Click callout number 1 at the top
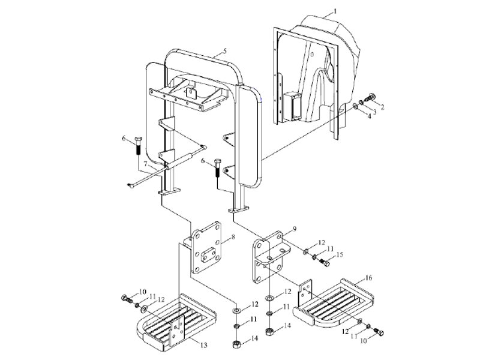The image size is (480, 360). point(335,11)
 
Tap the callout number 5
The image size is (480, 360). point(225,50)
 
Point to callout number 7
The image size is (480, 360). point(146,164)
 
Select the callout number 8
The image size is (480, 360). point(233,236)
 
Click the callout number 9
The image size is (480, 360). point(295,229)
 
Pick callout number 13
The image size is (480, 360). point(204,346)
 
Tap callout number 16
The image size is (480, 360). point(369,278)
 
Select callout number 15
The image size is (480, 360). point(340,254)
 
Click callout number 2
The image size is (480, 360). point(382,107)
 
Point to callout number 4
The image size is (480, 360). point(369,116)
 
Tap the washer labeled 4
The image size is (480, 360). point(355,106)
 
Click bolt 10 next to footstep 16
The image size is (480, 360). point(379,332)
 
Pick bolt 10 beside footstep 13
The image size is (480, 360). point(127,298)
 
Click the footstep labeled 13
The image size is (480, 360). point(176,323)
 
